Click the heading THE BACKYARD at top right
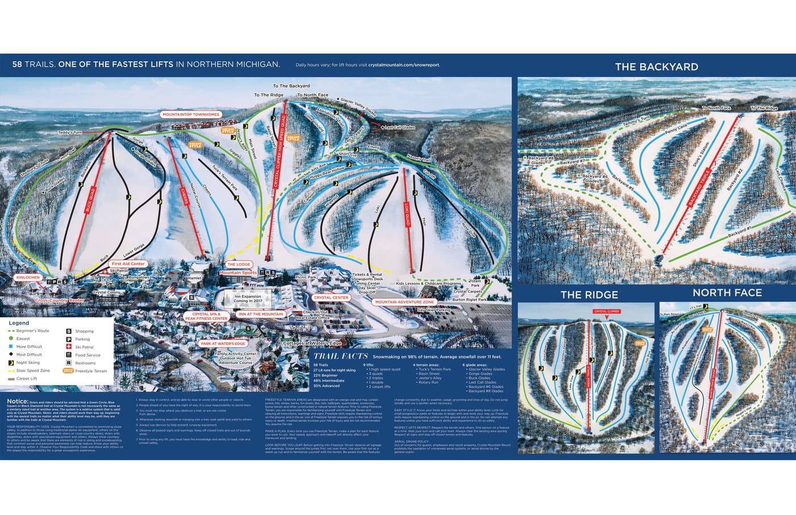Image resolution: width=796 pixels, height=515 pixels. coord(656,67)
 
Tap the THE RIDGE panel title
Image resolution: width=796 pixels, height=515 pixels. coord(588,294)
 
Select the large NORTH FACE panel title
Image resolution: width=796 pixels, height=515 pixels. coord(727,293)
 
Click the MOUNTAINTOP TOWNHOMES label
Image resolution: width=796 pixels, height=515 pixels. coord(191,114)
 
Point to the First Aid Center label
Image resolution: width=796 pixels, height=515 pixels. coord(128,264)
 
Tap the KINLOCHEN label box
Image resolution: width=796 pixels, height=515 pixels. coord(28,277)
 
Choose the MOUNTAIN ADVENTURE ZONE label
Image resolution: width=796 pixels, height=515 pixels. coord(404,302)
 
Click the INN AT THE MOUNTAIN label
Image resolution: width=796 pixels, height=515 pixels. coord(261,314)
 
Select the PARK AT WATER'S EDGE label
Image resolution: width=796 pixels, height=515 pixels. coord(223,344)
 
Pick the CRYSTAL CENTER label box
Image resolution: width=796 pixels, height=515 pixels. coord(331,297)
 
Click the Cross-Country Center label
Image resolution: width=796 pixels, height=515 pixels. coord(60,300)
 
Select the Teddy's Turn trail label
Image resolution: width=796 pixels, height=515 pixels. coord(70,132)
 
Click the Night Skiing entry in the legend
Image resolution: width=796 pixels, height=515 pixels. coord(28,363)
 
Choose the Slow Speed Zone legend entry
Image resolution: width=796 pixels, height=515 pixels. coord(32,371)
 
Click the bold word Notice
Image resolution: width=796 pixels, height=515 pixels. coord(18,401)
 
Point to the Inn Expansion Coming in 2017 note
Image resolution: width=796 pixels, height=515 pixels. coord(247,298)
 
